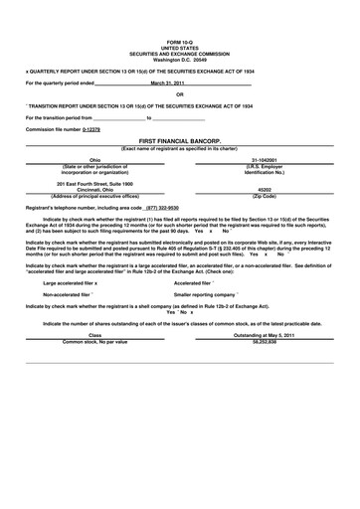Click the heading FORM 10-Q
(x=180, y=41)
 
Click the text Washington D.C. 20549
(x=180, y=59)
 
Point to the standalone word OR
(x=180, y=94)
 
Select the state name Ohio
(x=95, y=159)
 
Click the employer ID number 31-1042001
(x=265, y=159)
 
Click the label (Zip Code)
(x=265, y=196)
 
